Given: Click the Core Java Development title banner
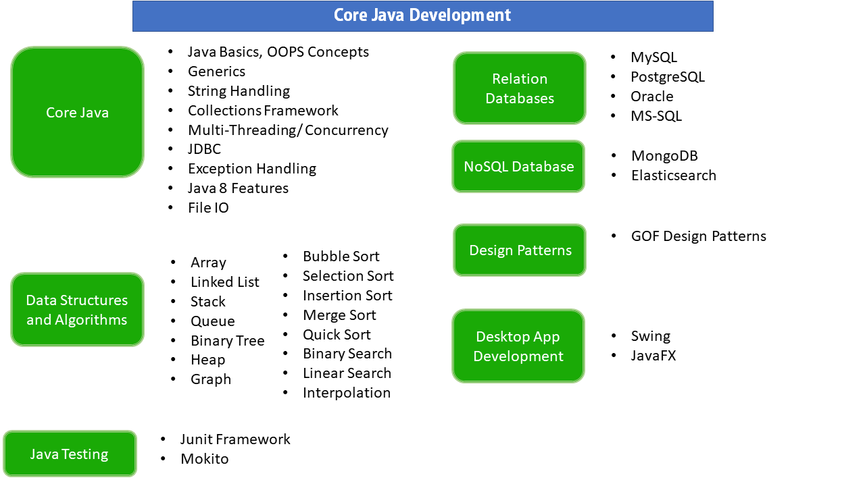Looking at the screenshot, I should [x=422, y=16].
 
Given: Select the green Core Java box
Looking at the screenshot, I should [x=77, y=112].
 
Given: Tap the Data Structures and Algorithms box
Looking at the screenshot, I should [x=77, y=310].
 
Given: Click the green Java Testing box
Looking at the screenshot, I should [x=70, y=454].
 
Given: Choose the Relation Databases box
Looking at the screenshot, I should [x=519, y=88].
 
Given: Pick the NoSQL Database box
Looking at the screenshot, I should [x=518, y=167].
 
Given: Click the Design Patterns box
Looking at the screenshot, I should [x=520, y=250].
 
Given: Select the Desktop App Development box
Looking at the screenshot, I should [x=518, y=346].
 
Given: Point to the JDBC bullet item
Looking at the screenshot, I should [x=204, y=149].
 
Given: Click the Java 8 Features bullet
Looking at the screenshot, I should [x=238, y=188].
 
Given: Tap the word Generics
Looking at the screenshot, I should [x=216, y=72].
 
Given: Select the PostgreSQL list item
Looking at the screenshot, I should [x=667, y=77].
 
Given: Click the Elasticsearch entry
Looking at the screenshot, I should [x=673, y=175].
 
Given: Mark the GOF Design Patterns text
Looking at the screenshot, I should [x=698, y=236].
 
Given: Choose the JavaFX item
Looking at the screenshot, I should [x=653, y=356].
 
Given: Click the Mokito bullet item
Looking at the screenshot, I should [x=204, y=459].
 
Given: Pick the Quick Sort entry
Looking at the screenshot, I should [x=337, y=335].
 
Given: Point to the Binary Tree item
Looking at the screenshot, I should [x=227, y=341].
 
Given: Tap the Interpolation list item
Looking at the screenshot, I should [x=346, y=393].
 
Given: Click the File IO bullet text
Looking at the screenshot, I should [x=208, y=208].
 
